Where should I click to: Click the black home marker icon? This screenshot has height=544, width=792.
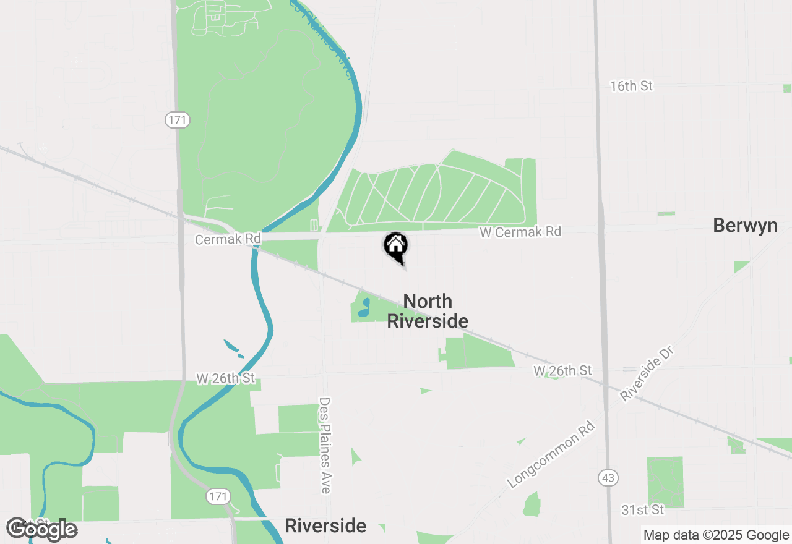[396, 246]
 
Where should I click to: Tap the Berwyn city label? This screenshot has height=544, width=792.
[745, 225]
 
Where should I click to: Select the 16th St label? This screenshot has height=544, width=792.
[631, 86]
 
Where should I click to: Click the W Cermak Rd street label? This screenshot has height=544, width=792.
[520, 232]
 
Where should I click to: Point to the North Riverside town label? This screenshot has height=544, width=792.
[428, 311]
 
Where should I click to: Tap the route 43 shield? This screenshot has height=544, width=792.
[608, 477]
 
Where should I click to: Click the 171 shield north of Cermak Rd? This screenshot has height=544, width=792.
[177, 120]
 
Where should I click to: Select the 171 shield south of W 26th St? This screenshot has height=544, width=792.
[218, 496]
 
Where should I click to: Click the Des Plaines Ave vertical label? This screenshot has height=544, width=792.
[325, 445]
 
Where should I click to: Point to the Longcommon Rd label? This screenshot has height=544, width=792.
[551, 454]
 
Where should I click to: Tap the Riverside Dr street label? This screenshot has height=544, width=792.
[647, 373]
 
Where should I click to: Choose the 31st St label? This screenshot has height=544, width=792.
[643, 509]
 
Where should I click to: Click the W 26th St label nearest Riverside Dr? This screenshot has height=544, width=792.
[562, 370]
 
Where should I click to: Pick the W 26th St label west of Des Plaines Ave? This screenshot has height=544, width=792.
[226, 378]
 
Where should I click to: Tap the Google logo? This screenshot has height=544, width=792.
[41, 529]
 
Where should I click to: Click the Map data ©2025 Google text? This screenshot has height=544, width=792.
[716, 535]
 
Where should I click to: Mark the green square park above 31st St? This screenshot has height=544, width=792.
[665, 482]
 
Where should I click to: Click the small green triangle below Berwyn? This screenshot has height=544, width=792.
[741, 266]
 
